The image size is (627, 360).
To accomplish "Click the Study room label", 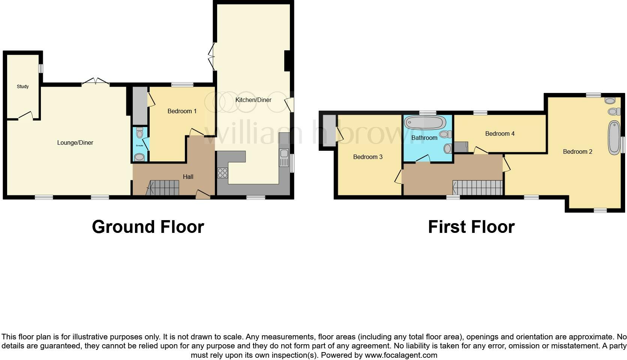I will click(23, 87).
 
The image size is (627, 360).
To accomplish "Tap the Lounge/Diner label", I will click(75, 142).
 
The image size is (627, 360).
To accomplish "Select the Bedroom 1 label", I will click(182, 111).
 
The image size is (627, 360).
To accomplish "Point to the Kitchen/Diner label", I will click(253, 100).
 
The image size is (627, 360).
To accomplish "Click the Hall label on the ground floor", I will click(188, 177).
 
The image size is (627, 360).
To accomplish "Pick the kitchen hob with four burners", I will click(222, 173).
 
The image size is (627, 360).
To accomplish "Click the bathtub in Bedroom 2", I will click(614, 138).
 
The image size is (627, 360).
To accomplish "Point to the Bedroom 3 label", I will click(367, 157).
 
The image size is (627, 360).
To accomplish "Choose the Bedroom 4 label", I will click(499, 133).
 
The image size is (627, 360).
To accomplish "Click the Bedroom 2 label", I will click(577, 151).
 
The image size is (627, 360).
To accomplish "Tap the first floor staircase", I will click(477, 187).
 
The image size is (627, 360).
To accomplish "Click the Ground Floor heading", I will click(148, 227).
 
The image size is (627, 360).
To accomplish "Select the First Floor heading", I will click(471, 227).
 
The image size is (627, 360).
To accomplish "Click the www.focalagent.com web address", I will click(401, 355).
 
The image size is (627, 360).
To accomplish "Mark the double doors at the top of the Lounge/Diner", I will click(96, 81).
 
